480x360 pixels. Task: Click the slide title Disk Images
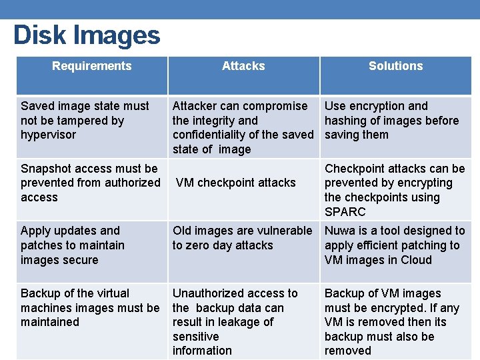coord(87,35)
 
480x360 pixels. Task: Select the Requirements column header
coord(91,66)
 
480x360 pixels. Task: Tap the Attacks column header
coord(243,66)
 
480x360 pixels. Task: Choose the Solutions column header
coord(396,66)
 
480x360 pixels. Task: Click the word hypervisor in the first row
coord(49,135)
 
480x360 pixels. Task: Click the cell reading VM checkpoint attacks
coord(236,183)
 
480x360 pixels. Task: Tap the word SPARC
coord(345,212)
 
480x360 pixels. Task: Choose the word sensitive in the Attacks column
coord(195,337)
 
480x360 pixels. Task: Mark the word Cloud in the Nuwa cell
coord(415,260)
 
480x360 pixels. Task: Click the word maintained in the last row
coord(50,322)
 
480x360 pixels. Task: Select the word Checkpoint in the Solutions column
coord(355,168)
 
